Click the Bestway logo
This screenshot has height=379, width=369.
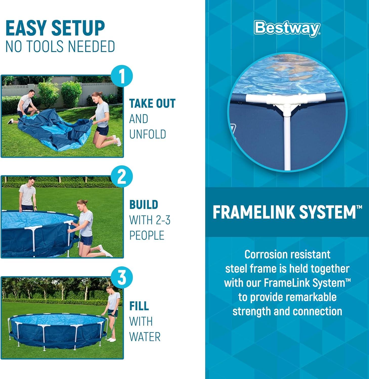(x=288, y=29)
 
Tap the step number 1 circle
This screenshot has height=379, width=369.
(x=122, y=76)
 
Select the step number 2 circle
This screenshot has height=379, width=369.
(x=122, y=177)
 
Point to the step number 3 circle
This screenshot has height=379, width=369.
(x=122, y=277)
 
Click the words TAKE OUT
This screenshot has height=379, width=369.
(x=152, y=104)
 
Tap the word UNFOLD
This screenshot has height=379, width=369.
(x=147, y=134)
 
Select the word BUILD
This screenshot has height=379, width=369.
(x=144, y=205)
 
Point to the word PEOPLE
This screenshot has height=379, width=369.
(x=147, y=235)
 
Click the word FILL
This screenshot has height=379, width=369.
(x=139, y=306)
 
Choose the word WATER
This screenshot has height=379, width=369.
(x=145, y=337)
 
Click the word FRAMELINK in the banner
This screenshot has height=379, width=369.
(x=254, y=212)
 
